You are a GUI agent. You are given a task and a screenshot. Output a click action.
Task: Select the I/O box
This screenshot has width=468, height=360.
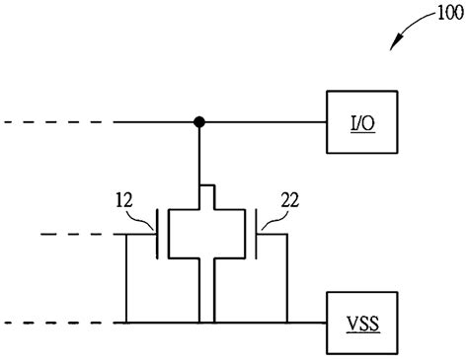click(x=360, y=122)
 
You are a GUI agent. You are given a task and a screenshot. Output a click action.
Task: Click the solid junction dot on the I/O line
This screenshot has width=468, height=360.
click(x=199, y=122)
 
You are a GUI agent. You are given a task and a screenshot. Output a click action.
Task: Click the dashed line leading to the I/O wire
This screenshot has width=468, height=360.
click(x=59, y=122)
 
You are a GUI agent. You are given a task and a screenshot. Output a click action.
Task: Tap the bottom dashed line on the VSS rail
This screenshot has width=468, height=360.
click(x=59, y=323)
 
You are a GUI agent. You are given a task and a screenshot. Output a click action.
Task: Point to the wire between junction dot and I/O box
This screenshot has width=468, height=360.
click(x=267, y=122)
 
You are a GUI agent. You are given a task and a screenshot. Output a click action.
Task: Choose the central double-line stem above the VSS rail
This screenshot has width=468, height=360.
click(x=206, y=291)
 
